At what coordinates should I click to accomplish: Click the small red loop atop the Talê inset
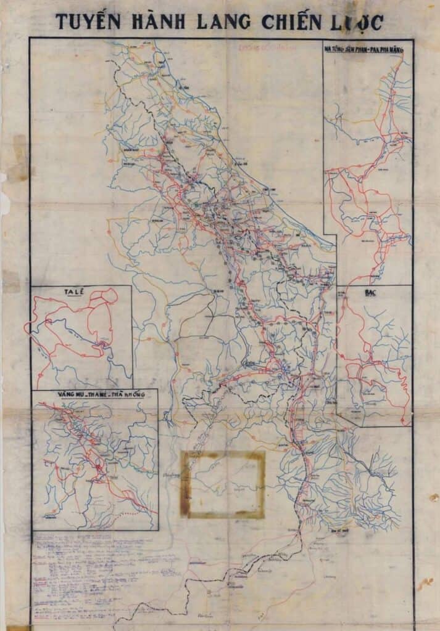109,295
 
